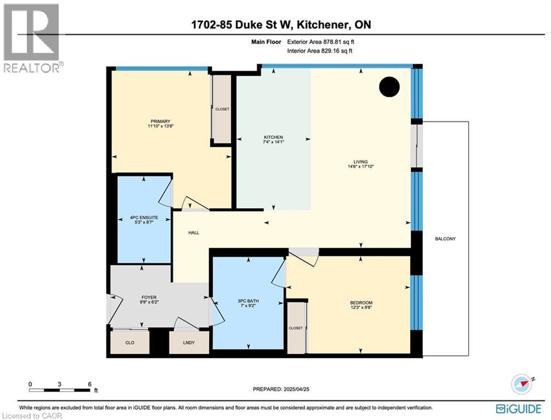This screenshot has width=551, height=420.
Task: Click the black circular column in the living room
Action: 389,86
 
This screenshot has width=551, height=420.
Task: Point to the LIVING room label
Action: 360,161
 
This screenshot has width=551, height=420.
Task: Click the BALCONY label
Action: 445,239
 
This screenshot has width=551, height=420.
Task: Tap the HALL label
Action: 193,233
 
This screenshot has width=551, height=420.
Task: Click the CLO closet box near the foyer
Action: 130,342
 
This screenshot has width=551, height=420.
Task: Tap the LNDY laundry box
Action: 189,342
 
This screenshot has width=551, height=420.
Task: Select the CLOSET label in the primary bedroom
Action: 222,109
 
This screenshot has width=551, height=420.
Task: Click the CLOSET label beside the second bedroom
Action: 296,328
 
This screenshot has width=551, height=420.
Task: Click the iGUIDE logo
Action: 519,409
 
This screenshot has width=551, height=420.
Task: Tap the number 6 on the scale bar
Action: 89,384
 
